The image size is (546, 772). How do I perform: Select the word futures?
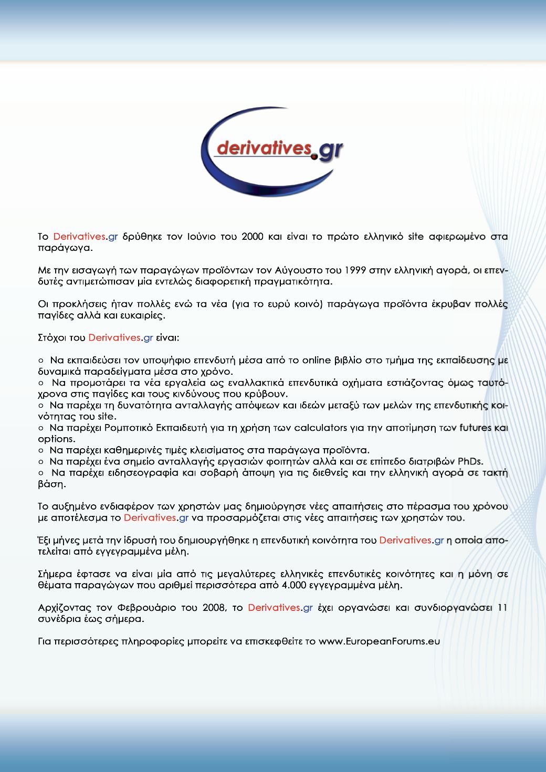[x=475, y=428]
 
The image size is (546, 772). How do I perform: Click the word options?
[x=56, y=439]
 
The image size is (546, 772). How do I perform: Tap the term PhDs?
[x=470, y=461]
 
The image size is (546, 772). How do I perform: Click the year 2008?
[x=214, y=608]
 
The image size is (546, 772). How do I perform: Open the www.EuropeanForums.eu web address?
[x=379, y=641]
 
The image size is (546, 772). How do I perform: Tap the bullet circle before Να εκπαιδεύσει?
[x=41, y=361]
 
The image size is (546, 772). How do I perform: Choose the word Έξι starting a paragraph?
[x=45, y=540]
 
